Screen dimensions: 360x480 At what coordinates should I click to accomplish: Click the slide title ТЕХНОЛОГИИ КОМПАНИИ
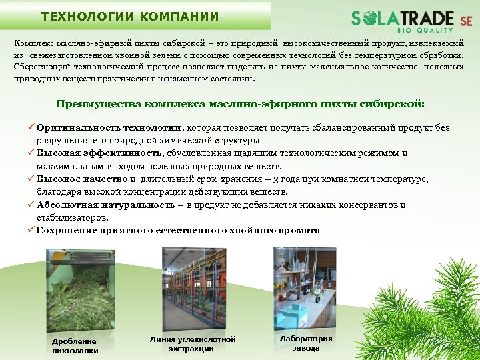point(129,16)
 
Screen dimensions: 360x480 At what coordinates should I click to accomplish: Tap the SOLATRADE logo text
point(403,18)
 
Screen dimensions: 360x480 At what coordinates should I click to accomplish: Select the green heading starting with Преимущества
point(240,104)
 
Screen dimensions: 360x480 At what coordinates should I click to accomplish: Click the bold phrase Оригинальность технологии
point(109,127)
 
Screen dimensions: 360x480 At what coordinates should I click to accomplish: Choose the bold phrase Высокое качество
point(82,179)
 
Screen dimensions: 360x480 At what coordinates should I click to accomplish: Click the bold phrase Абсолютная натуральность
point(105,205)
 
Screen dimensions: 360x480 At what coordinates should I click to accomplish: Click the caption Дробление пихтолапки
point(75,346)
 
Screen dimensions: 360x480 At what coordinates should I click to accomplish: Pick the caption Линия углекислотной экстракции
point(192,344)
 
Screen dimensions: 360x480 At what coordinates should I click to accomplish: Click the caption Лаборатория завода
point(305,343)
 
